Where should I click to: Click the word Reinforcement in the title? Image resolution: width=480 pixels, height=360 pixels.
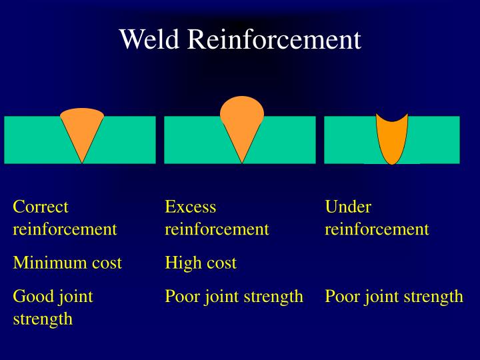click(x=273, y=39)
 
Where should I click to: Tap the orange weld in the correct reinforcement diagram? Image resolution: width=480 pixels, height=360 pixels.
click(x=82, y=130)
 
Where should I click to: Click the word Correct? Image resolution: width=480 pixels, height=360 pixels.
click(x=41, y=207)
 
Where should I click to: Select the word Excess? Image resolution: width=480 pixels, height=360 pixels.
click(x=191, y=207)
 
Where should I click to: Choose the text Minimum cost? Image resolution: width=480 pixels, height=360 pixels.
click(x=67, y=263)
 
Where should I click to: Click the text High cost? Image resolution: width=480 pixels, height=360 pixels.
click(x=201, y=263)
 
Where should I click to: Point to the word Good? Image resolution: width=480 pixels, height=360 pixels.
click(x=31, y=296)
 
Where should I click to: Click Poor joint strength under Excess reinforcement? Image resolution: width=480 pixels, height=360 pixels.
click(x=234, y=296)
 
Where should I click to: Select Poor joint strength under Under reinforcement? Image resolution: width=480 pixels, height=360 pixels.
click(x=394, y=296)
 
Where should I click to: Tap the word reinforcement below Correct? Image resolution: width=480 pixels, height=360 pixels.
click(x=65, y=229)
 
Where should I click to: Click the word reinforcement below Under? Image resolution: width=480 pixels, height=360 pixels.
click(x=377, y=229)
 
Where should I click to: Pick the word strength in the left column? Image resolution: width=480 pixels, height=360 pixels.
click(x=43, y=319)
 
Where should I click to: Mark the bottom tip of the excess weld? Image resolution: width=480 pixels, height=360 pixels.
click(x=241, y=161)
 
